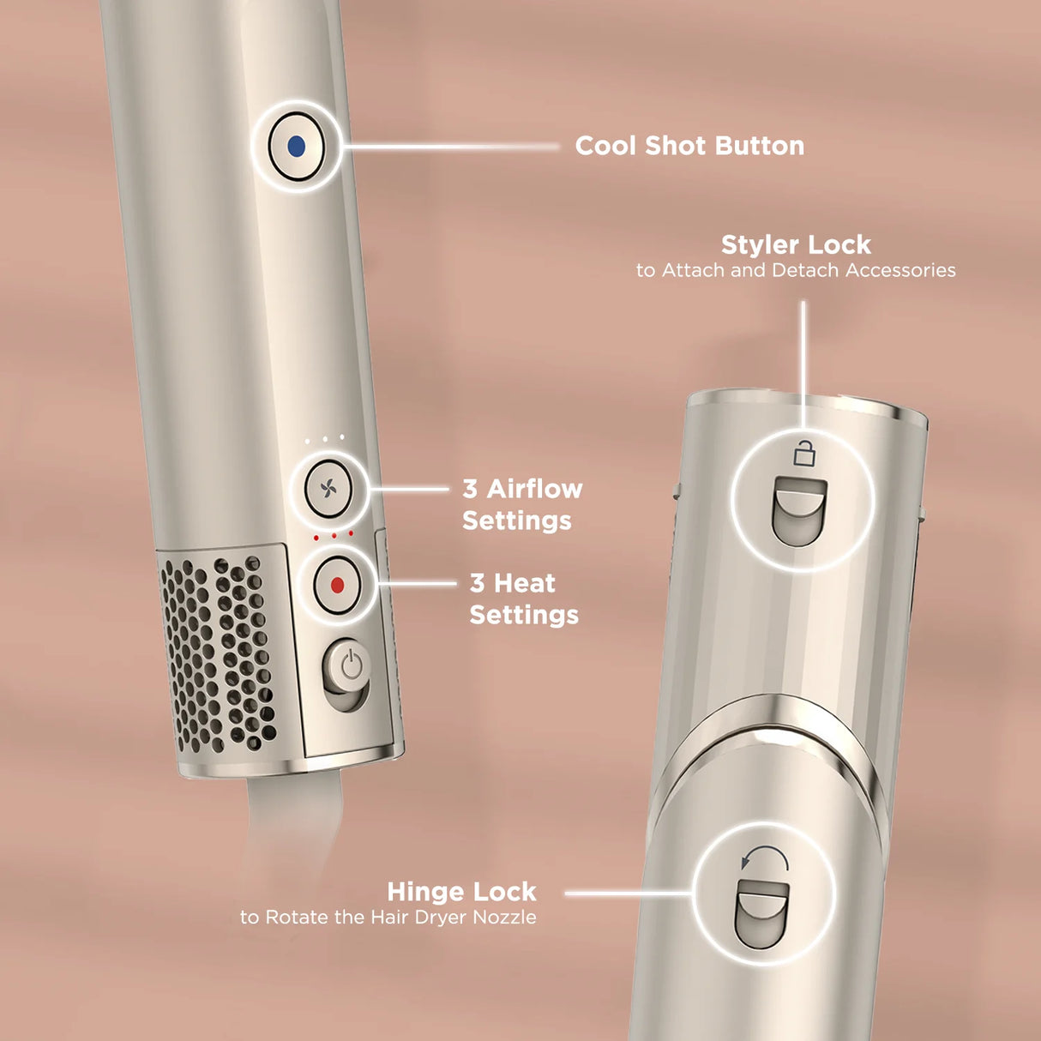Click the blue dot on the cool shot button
[297, 147]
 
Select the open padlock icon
[803, 453]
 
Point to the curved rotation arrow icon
[764, 860]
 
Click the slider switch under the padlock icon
[799, 511]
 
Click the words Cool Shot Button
[689, 146]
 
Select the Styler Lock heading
[796, 245]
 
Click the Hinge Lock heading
[461, 892]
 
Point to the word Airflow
[534, 489]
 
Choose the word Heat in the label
[524, 583]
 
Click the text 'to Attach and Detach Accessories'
[796, 271]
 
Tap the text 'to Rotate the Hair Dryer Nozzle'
[388, 918]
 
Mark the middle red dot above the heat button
[334, 536]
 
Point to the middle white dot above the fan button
[324, 439]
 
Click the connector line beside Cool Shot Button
[450, 147]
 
